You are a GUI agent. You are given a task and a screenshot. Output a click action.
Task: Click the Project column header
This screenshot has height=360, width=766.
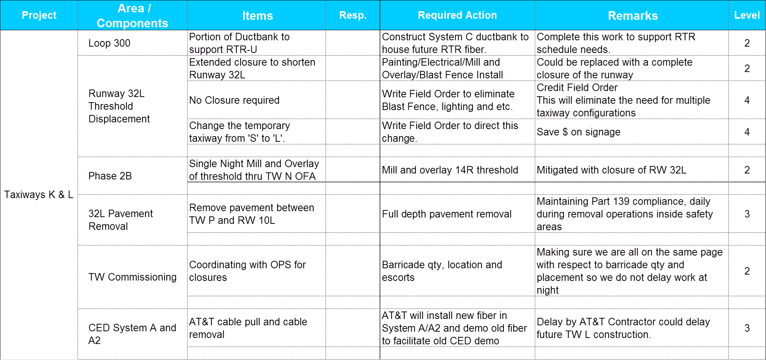[x=39, y=15]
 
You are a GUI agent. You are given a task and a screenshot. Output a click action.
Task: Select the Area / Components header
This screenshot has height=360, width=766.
[x=132, y=16]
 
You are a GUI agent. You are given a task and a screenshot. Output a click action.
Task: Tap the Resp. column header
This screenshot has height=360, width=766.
[x=353, y=15]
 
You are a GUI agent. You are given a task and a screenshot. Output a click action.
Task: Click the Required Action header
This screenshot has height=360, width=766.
[x=457, y=15]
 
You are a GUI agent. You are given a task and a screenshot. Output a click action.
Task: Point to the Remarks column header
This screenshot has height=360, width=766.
[x=632, y=16]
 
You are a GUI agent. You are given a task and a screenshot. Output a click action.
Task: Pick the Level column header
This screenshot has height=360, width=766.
[x=747, y=15]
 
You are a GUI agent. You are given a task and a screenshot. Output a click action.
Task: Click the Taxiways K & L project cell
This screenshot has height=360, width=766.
[x=39, y=194]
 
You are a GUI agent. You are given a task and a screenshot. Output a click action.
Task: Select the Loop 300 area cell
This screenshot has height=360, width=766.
[x=109, y=43]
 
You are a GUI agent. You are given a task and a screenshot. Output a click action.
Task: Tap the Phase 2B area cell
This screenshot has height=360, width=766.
[x=110, y=176]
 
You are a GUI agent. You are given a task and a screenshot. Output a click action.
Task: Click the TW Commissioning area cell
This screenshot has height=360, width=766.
[x=132, y=277]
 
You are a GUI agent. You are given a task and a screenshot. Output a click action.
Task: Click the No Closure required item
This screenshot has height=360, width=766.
[x=235, y=100]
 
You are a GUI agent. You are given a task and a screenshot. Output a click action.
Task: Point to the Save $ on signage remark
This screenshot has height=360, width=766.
[x=579, y=132]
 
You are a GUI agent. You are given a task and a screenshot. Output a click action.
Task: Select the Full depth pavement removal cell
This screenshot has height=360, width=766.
[x=447, y=214]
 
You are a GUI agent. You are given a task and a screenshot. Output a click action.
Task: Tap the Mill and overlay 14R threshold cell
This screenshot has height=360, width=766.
[x=450, y=170]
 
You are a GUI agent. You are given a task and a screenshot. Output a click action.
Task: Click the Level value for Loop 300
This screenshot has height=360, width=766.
[x=747, y=43]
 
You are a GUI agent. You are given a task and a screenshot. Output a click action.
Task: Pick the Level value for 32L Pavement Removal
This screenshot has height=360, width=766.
[x=747, y=214]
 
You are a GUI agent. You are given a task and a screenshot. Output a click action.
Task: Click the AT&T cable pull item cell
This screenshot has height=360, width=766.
[x=248, y=328]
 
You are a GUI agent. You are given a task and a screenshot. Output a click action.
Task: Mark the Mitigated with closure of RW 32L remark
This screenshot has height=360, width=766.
[x=612, y=170]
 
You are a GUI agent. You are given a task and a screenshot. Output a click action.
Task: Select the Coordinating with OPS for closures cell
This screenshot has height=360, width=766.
[x=247, y=271]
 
